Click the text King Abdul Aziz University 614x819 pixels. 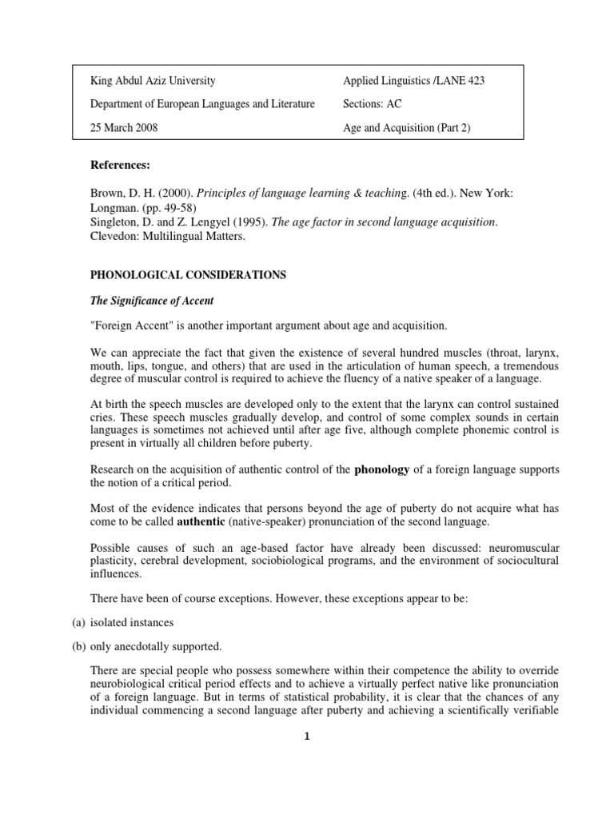152,81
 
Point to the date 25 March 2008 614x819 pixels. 123,128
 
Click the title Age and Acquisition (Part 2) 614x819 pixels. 407,128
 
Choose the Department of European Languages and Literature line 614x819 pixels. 202,104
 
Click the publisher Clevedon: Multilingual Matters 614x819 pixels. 171,237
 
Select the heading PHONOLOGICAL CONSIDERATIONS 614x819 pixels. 188,274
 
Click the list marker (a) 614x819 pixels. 78,621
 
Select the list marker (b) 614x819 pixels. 78,645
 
